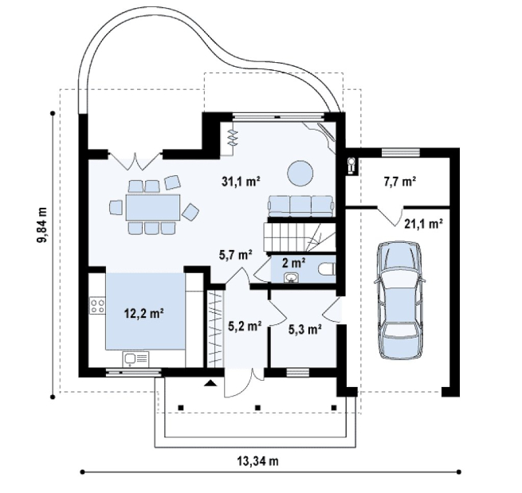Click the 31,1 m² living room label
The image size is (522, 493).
point(241,182)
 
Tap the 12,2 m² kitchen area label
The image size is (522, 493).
point(143,313)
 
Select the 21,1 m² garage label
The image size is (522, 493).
point(423,224)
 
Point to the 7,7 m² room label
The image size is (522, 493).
point(400,182)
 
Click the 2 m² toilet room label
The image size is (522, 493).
point(294,263)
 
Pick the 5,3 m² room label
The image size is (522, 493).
point(305,329)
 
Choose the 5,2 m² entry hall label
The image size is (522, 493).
point(245,327)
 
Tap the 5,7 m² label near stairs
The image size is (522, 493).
point(235,255)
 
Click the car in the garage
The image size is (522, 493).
point(399,301)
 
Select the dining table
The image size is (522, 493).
point(153,208)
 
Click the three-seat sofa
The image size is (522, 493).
point(301,206)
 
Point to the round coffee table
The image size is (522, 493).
point(300,173)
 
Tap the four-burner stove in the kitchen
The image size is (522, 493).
point(97,306)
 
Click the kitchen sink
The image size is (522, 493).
point(136,358)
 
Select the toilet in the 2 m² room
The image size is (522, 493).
point(327,269)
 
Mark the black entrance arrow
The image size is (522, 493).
point(211,383)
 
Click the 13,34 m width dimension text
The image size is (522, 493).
point(258,461)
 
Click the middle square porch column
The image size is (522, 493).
point(257,407)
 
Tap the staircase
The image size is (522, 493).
point(299,237)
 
